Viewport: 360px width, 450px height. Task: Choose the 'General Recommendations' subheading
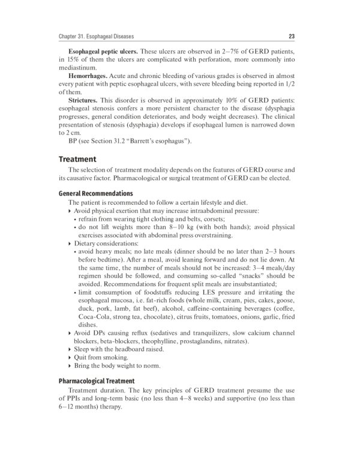[x=95, y=194]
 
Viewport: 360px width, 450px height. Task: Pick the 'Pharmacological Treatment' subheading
[x=96, y=381]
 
